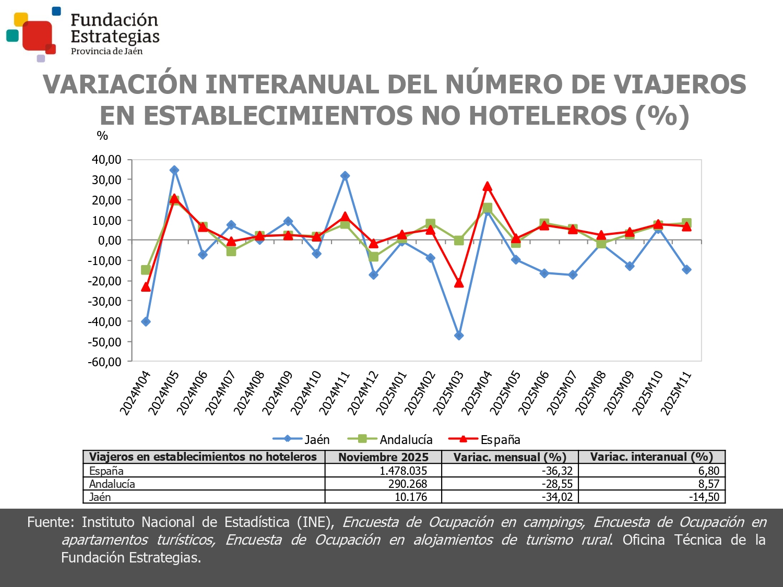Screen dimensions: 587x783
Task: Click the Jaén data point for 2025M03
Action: (x=459, y=336)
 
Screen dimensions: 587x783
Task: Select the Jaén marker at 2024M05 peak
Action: (x=174, y=170)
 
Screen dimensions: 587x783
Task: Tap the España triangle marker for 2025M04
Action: (x=487, y=186)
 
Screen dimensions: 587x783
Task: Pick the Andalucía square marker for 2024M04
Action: (x=146, y=270)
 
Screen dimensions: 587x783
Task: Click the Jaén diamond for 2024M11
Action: (x=345, y=176)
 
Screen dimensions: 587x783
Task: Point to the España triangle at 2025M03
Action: (x=459, y=283)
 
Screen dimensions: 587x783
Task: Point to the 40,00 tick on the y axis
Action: (x=106, y=160)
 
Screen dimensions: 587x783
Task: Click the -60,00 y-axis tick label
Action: (x=104, y=362)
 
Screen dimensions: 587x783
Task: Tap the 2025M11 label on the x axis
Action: (x=677, y=392)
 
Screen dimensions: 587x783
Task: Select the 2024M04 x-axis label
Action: (x=135, y=392)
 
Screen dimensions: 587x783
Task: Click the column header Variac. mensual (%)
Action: (x=509, y=457)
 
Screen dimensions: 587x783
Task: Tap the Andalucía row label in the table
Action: (x=112, y=484)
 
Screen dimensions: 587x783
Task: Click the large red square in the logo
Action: (x=37, y=35)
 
